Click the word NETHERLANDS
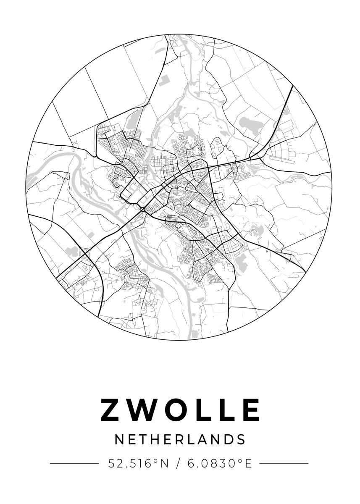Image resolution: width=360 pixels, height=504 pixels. [180, 440]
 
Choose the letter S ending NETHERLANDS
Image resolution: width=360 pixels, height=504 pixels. [241, 440]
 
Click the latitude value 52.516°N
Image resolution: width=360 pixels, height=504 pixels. [138, 464]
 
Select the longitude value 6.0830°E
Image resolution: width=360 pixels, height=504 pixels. [220, 464]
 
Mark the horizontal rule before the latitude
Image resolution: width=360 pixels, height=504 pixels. [74, 464]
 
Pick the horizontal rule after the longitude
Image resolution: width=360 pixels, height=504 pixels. [284, 464]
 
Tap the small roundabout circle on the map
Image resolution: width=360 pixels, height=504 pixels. [143, 209]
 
